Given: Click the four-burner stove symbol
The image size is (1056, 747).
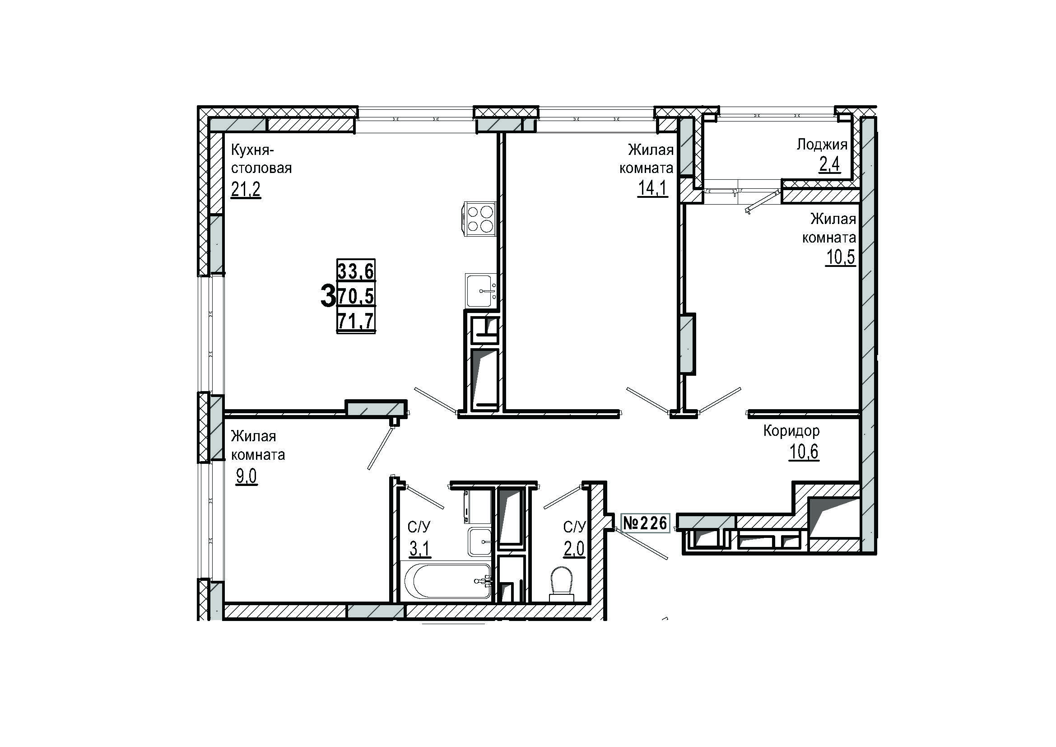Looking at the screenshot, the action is click(478, 219).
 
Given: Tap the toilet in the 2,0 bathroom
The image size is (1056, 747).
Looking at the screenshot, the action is click(562, 584).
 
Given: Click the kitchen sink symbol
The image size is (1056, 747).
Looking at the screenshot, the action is click(481, 291).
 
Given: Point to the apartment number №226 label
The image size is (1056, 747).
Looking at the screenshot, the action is click(645, 523).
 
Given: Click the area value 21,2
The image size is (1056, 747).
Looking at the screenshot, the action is click(246, 189).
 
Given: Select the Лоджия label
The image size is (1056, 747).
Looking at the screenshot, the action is click(822, 145).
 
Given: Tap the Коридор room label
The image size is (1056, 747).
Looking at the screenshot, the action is click(791, 431).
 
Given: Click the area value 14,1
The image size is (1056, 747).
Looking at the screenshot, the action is click(652, 188).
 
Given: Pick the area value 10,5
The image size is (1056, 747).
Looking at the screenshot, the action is click(841, 257).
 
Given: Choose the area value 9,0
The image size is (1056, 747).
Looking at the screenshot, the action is click(247, 477).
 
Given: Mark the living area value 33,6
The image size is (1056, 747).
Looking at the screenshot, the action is click(356, 271).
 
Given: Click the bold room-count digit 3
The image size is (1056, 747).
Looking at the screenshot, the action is click(327, 296).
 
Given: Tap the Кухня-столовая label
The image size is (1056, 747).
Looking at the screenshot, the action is click(261, 159).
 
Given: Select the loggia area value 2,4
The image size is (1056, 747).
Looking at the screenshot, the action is click(830, 164).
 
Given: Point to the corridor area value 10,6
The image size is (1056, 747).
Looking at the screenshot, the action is click(805, 452).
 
